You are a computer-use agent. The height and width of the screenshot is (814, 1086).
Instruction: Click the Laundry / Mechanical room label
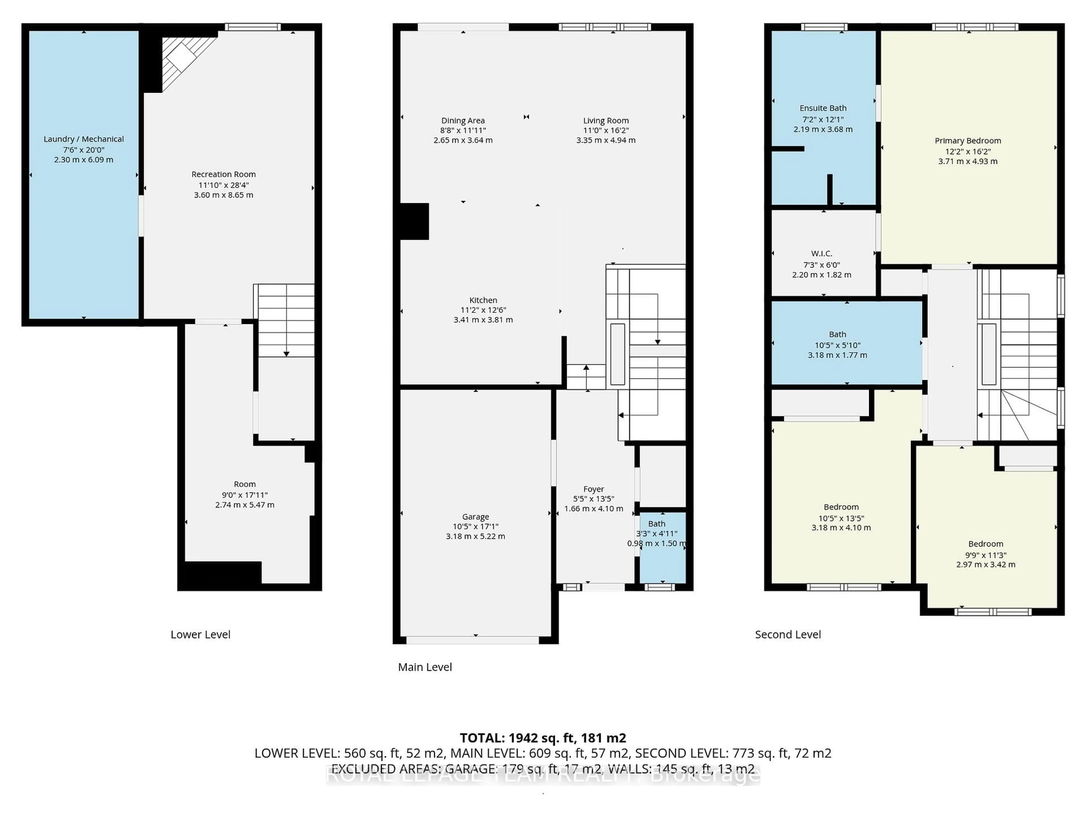pyautogui.click(x=83, y=139)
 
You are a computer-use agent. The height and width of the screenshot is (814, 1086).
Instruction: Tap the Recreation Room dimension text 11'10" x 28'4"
pyautogui.click(x=223, y=185)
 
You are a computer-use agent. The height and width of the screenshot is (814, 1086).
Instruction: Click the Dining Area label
pyautogui.click(x=462, y=120)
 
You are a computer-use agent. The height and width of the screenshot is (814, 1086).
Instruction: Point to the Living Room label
pyautogui.click(x=605, y=120)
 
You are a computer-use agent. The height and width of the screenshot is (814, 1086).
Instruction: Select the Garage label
pyautogui.click(x=475, y=517)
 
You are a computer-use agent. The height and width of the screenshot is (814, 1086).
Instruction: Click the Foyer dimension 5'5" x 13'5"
pyautogui.click(x=593, y=499)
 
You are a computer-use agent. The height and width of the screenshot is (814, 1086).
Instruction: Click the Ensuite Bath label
pyautogui.click(x=823, y=108)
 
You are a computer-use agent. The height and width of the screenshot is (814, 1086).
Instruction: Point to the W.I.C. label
pyautogui.click(x=821, y=253)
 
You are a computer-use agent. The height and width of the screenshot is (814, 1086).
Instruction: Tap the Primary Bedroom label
pyautogui.click(x=967, y=140)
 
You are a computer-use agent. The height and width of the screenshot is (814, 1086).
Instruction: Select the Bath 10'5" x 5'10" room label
pyautogui.click(x=837, y=334)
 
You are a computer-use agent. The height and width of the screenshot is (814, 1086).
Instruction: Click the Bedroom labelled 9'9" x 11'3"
pyautogui.click(x=985, y=544)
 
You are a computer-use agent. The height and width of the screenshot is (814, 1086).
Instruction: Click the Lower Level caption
pyautogui.click(x=200, y=635)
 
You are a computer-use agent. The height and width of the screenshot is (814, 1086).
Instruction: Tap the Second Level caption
pyautogui.click(x=788, y=635)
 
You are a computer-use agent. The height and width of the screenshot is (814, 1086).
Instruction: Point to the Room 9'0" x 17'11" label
pyautogui.click(x=245, y=484)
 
